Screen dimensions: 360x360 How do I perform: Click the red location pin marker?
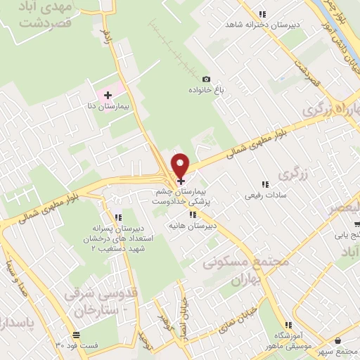[181, 165]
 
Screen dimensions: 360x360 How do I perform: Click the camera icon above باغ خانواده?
[206, 79]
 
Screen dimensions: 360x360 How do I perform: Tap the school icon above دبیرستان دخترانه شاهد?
[263, 13]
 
